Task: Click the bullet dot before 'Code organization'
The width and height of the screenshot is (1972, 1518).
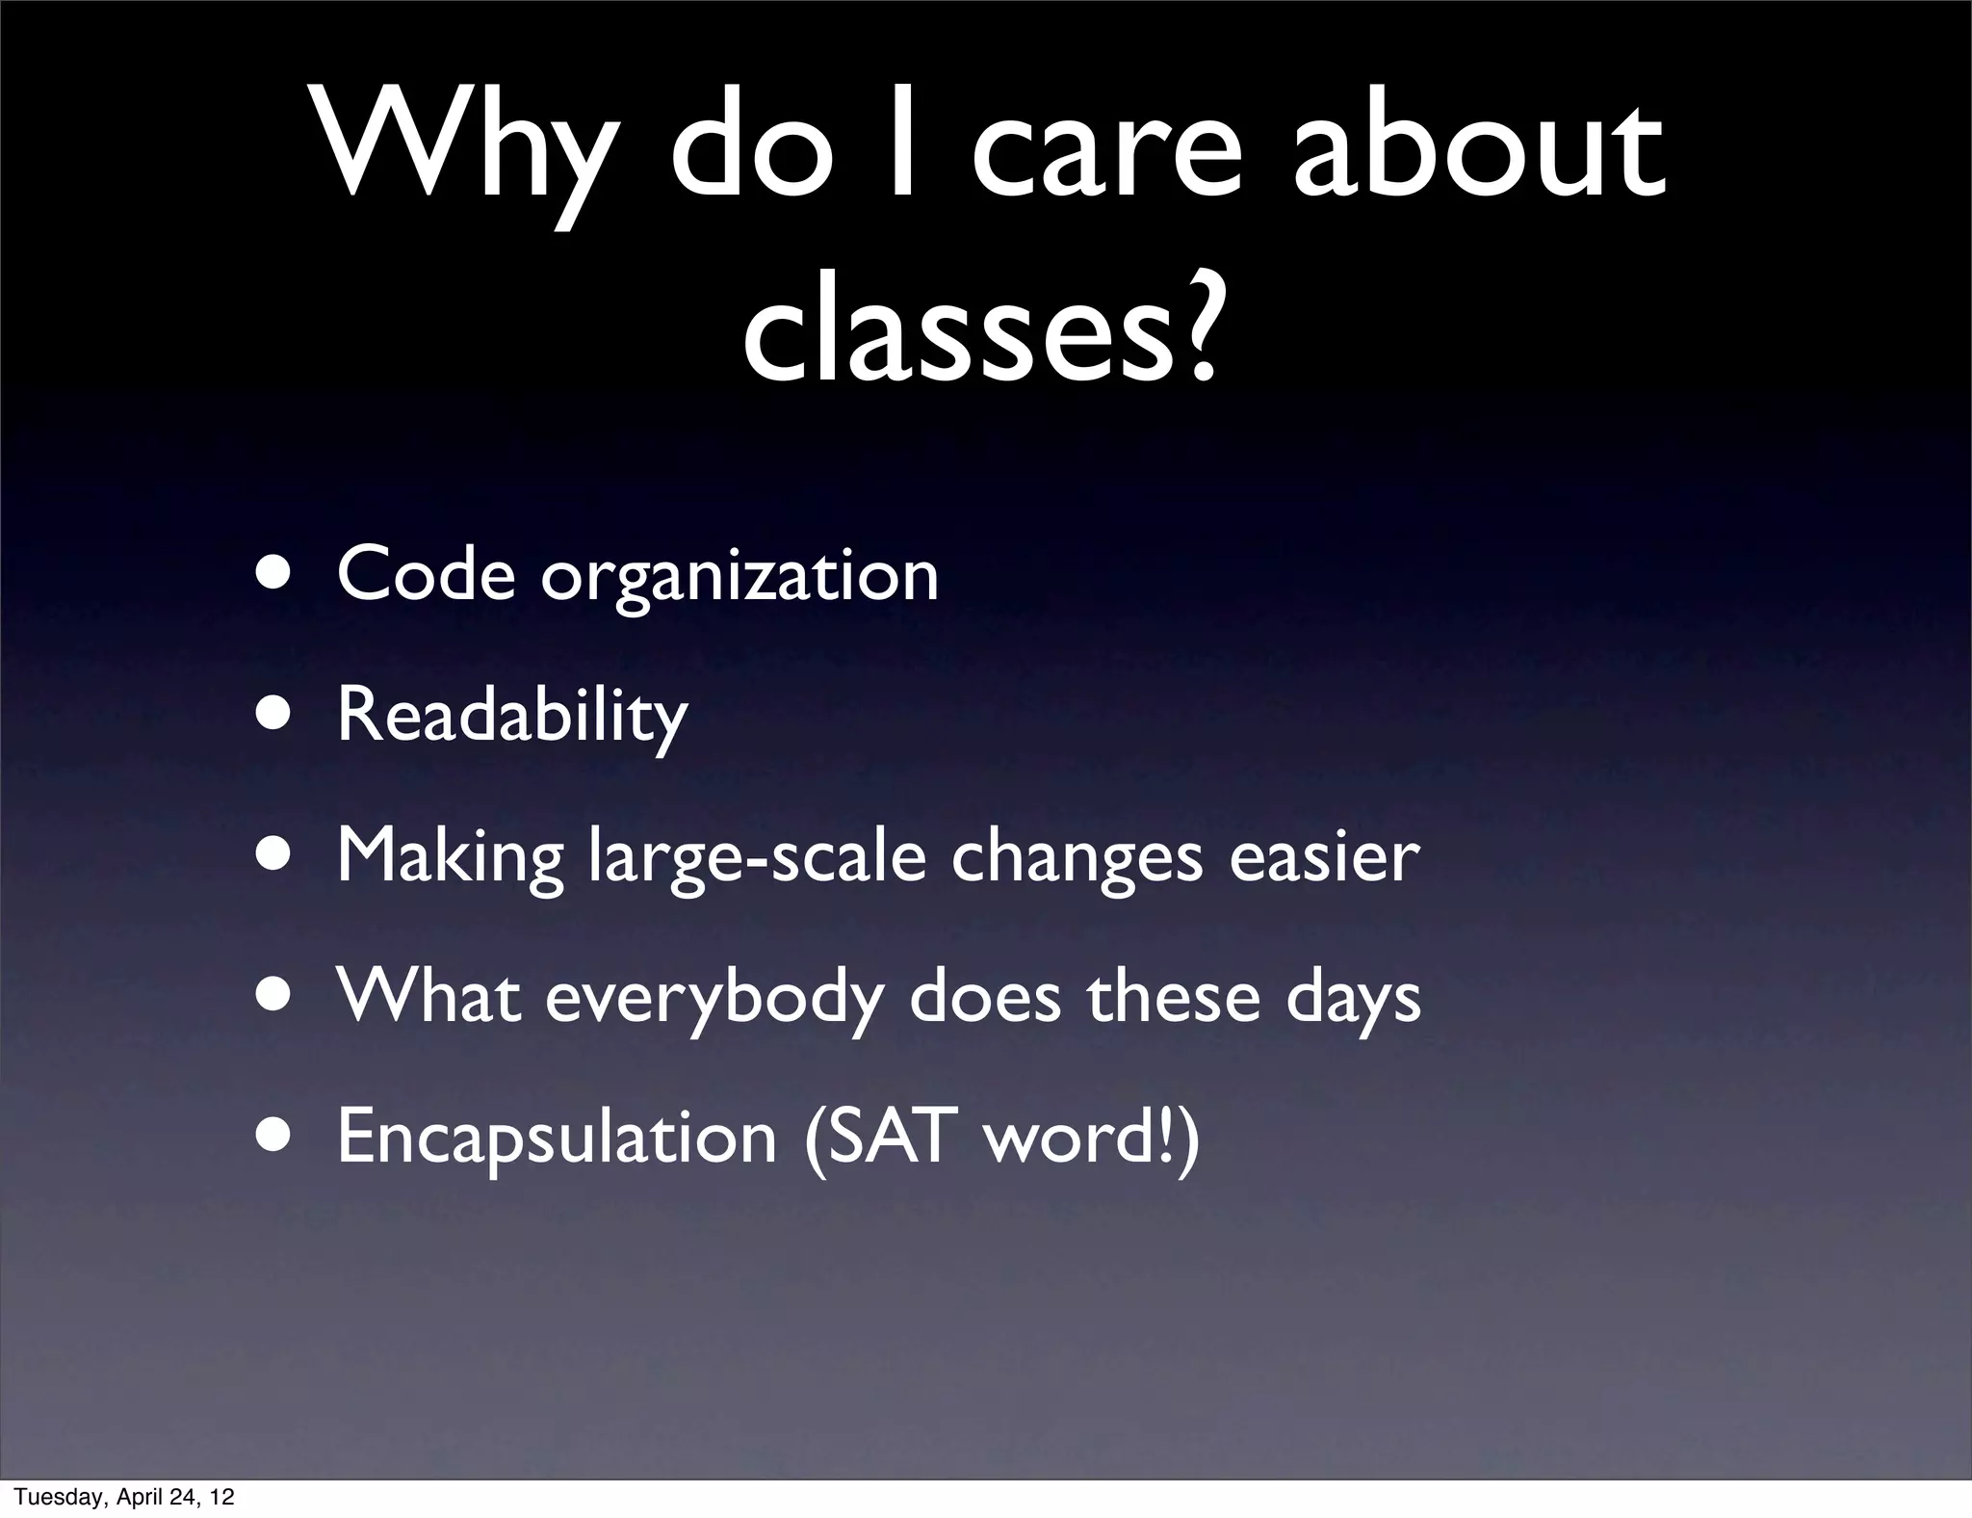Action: pos(276,575)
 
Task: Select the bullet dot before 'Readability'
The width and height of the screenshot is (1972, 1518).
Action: pos(276,717)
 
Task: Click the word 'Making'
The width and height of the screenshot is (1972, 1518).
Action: pos(450,857)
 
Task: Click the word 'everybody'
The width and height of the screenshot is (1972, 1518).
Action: pos(714,999)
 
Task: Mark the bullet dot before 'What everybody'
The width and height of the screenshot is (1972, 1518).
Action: pos(276,997)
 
